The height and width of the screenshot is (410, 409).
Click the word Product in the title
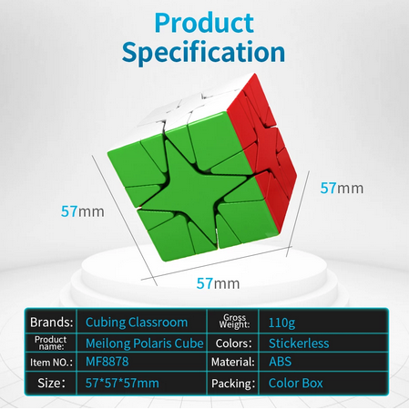[x=204, y=23]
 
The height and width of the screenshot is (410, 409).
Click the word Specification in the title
[x=203, y=52]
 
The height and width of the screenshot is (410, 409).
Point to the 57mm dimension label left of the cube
[x=83, y=211]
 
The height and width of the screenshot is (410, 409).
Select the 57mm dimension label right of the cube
[x=342, y=189]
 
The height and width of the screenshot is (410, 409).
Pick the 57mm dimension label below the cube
[x=218, y=283]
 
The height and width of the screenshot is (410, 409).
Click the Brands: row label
[x=52, y=323]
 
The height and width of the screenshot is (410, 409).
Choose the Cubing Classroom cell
[x=137, y=323]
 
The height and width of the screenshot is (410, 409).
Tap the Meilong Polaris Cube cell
[x=145, y=343]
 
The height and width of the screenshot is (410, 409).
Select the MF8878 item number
[x=107, y=362]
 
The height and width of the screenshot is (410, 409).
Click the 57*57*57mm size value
[x=122, y=384]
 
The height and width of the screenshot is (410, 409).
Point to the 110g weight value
[x=281, y=323]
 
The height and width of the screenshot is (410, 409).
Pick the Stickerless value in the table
[x=299, y=343]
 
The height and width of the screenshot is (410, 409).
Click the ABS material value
[x=280, y=362]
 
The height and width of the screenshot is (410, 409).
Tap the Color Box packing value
[x=296, y=384]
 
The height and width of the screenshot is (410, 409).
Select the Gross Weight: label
[x=234, y=322]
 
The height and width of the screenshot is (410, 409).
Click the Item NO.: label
[x=51, y=363]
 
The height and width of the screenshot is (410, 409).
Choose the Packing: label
[x=233, y=384]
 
